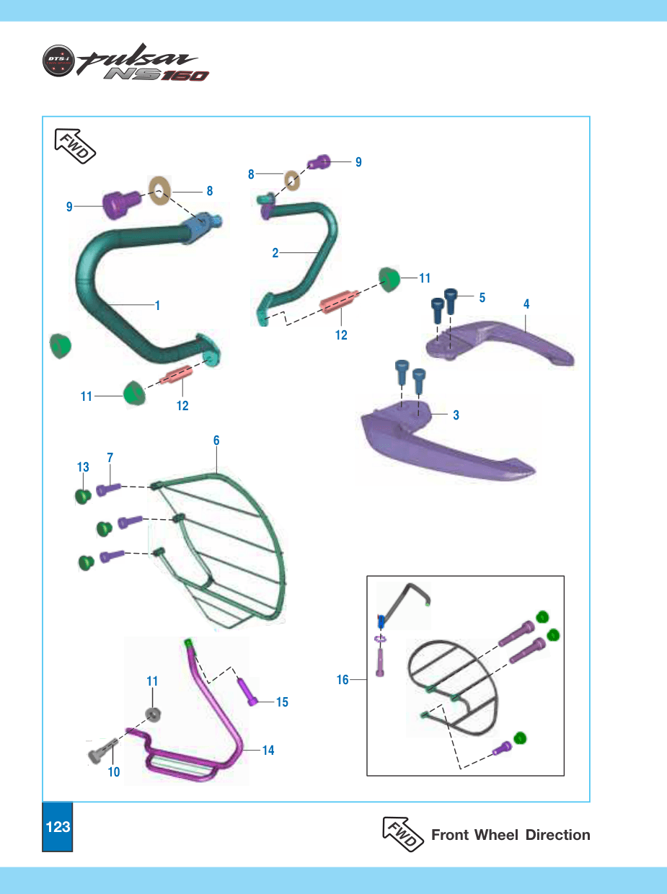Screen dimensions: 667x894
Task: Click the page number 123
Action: tap(58, 826)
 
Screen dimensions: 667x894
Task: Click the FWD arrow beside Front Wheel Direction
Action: tap(403, 833)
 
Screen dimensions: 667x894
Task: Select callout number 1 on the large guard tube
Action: tap(158, 305)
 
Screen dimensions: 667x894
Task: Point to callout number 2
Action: tap(275, 253)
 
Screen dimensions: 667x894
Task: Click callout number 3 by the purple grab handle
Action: tap(456, 415)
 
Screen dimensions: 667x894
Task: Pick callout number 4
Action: tap(526, 304)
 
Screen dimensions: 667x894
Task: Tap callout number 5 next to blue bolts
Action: tap(482, 297)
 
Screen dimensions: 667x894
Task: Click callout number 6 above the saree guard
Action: tap(216, 441)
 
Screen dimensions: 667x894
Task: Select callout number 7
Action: tap(110, 458)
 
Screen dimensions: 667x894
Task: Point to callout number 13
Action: tap(83, 466)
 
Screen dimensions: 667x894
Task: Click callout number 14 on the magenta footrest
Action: tap(268, 751)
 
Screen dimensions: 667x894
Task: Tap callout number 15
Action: tap(282, 702)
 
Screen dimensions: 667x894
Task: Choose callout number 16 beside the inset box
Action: tap(343, 679)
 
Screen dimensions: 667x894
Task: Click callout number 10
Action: tap(114, 772)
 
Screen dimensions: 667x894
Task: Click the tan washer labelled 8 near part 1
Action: tap(159, 190)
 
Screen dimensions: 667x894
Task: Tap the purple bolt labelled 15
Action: tap(247, 691)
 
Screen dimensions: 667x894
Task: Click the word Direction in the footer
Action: tap(558, 835)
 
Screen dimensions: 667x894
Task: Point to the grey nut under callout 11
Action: tap(153, 714)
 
